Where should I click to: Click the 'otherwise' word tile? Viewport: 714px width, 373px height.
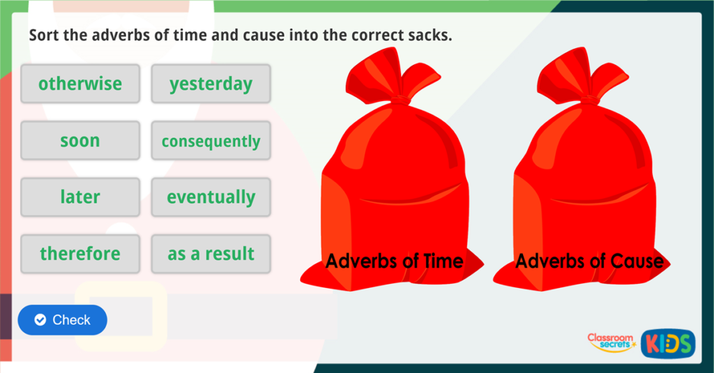pos(80,84)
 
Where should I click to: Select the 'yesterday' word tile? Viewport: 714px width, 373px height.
pos(211,84)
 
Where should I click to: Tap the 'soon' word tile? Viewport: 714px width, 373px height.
pos(80,141)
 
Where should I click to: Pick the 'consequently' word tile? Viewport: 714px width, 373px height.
pos(211,141)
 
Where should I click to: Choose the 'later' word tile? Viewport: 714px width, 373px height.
pos(80,197)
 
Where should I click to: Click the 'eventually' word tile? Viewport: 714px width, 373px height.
pos(211,197)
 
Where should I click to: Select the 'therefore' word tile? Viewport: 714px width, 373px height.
pos(80,254)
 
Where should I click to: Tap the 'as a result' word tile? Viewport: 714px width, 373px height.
pos(211,254)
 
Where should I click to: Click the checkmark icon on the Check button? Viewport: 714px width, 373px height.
pos(40,320)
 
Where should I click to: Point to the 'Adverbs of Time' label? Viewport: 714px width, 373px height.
pos(395,261)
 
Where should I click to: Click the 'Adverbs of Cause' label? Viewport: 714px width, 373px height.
pos(589,261)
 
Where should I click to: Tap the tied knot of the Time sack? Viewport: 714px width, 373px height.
pos(399,99)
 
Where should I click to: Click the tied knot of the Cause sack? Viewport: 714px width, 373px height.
pos(589,99)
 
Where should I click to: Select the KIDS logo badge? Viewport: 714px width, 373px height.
pos(667,343)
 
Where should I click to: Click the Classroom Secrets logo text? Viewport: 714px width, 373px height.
pos(610,341)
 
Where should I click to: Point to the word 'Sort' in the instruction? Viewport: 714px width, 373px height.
pos(44,35)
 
